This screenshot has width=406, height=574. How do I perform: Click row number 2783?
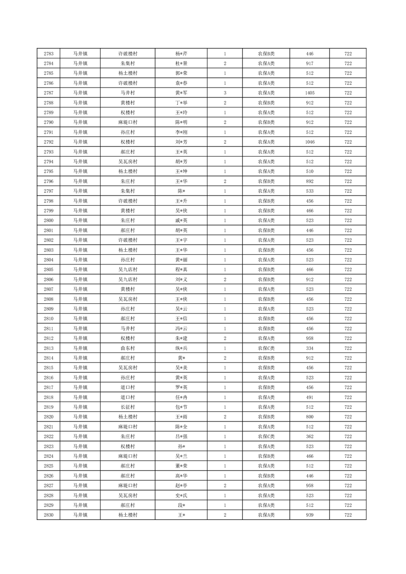49,54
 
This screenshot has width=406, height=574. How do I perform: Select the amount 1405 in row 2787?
309,93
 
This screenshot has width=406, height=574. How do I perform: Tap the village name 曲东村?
127,348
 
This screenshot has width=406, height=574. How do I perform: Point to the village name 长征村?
127,407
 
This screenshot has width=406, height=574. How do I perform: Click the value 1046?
309,142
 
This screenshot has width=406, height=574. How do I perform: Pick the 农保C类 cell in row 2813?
266,348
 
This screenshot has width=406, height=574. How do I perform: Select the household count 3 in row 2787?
225,93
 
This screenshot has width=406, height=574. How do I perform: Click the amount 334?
309,348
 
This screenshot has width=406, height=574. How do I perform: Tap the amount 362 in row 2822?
309,437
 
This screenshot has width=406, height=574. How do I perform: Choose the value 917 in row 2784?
309,63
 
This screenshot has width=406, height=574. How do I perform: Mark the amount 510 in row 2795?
309,171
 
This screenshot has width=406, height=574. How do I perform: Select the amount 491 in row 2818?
309,398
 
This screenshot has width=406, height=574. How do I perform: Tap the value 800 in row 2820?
309,417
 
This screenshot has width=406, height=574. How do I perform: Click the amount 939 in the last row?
309,515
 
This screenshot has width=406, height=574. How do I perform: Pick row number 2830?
49,515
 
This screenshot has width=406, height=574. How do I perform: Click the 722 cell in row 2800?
348,220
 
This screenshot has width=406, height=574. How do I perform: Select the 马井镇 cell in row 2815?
80,368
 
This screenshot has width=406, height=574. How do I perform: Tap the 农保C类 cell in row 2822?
266,437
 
